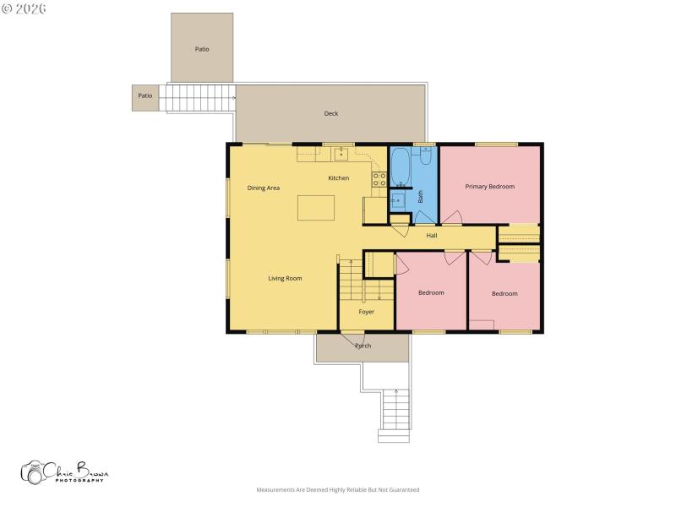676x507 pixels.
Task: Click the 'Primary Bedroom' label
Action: tap(489, 187)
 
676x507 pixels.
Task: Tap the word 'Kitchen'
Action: tap(339, 178)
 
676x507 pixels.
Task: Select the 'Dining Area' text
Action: tap(264, 188)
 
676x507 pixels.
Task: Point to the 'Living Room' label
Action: tap(285, 278)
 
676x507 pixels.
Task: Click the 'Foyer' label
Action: tap(367, 312)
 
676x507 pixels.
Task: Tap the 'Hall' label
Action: tap(431, 236)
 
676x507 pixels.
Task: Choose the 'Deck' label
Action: tap(331, 114)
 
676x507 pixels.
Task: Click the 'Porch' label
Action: tap(363, 346)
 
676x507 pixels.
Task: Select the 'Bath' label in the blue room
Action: tap(420, 197)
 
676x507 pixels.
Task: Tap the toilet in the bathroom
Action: tap(425, 155)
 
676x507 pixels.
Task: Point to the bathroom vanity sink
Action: tap(398, 201)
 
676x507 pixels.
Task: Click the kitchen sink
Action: tap(341, 154)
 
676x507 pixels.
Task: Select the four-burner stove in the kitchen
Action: tap(379, 179)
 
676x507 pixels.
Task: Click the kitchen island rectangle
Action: tap(314, 208)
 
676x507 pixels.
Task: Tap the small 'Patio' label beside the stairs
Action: tap(145, 95)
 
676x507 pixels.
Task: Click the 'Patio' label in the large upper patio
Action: tap(202, 49)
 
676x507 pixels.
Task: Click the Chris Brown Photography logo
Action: tap(64, 472)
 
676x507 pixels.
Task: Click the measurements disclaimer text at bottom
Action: tap(338, 489)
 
